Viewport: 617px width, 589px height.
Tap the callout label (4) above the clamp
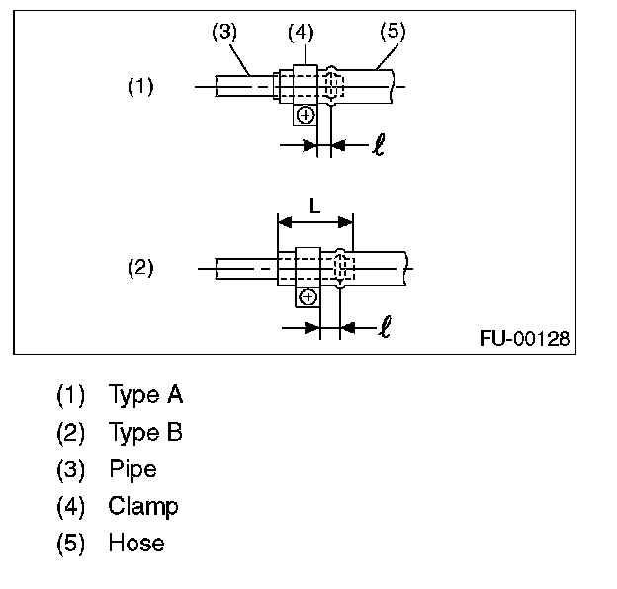coord(301,31)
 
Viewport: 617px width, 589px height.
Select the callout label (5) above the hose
coord(394,31)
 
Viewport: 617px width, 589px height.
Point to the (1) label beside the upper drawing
coord(140,86)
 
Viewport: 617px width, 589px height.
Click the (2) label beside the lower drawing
coord(140,267)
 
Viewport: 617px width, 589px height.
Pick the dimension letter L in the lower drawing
coord(314,208)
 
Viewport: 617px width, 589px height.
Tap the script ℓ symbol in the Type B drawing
coord(384,327)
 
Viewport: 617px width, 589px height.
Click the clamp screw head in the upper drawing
coord(305,115)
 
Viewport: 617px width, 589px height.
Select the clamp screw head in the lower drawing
coord(308,295)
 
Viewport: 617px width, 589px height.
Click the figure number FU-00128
coord(524,338)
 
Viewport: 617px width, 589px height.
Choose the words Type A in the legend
coord(145,396)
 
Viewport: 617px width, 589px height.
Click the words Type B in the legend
coord(145,433)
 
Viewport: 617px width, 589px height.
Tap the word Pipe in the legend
coord(132,469)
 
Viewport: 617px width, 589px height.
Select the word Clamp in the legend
coord(143,506)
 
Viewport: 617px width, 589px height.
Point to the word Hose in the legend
coord(136,543)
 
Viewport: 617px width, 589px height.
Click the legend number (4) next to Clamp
coord(71,506)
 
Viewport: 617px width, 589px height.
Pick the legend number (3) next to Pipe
coord(71,469)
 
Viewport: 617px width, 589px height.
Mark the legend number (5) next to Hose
coord(71,543)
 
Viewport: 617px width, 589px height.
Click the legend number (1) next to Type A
coord(71,396)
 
